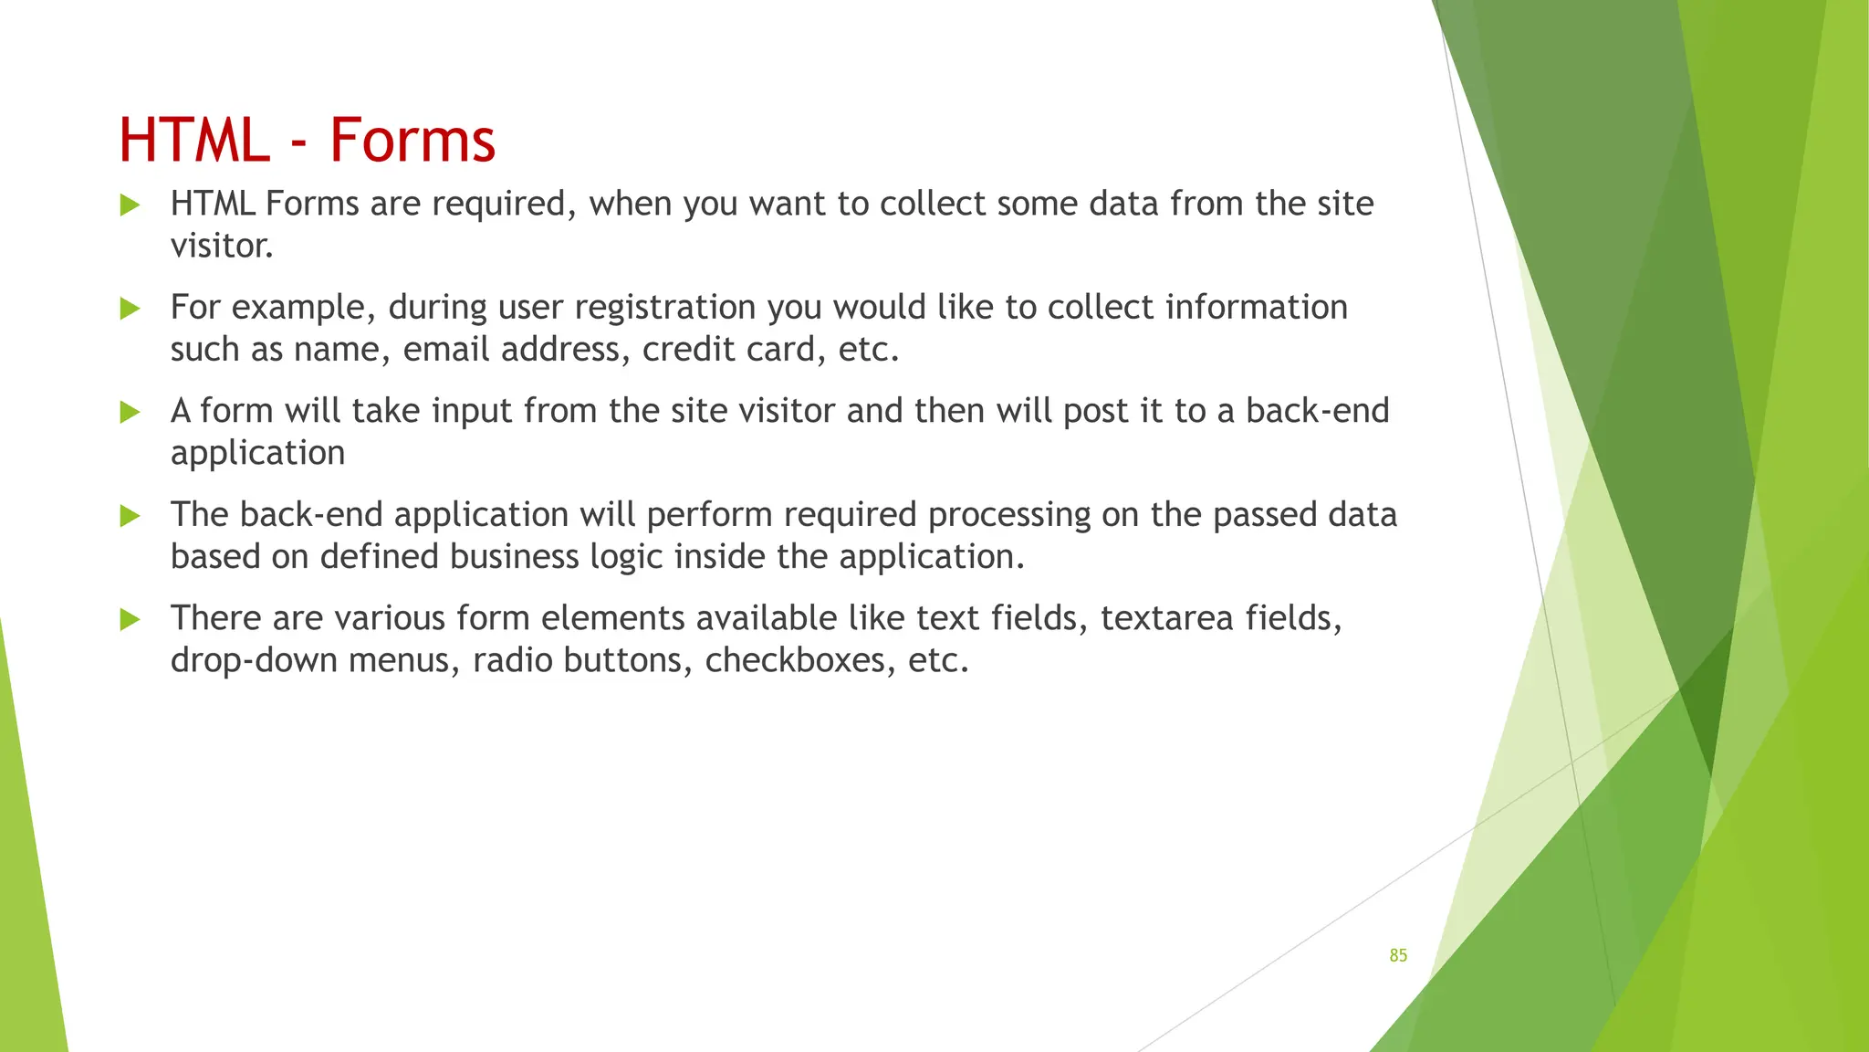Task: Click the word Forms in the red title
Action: click(x=412, y=141)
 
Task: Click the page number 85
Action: click(x=1398, y=955)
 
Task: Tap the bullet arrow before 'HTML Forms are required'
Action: click(x=131, y=205)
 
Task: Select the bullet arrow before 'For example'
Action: click(x=131, y=309)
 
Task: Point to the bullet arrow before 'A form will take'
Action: click(x=131, y=412)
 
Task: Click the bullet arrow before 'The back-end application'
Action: click(x=131, y=516)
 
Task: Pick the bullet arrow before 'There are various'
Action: click(x=131, y=620)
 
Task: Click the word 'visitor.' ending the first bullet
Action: click(x=222, y=246)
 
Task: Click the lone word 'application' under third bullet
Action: click(x=257, y=454)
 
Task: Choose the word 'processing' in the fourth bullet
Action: click(x=1008, y=516)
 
